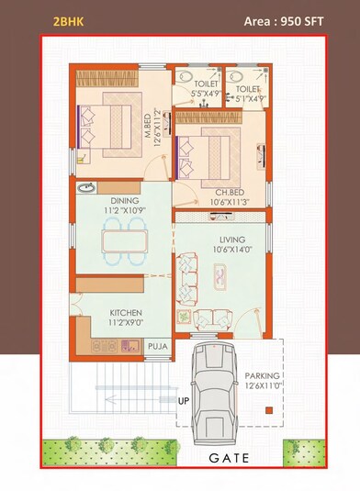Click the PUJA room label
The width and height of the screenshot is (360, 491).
pyautogui.click(x=158, y=347)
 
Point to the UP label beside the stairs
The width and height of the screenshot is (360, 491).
pyautogui.click(x=183, y=401)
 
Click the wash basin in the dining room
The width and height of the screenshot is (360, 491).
pyautogui.click(x=86, y=189)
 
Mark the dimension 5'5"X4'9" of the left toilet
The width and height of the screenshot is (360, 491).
pyautogui.click(x=205, y=94)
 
